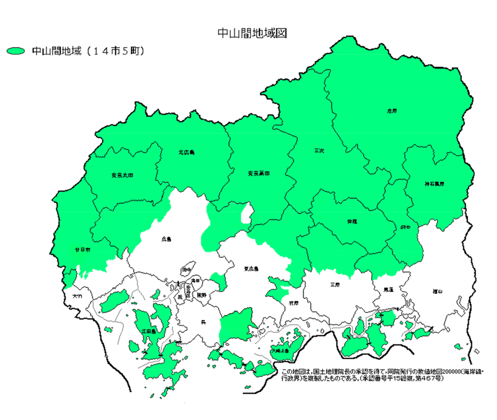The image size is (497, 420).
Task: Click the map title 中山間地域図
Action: [x=252, y=33]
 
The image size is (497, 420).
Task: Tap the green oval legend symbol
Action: [x=16, y=51]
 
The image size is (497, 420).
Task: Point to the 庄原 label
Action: [x=392, y=111]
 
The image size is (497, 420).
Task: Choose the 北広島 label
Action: [x=186, y=152]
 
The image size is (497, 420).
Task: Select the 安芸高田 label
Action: [x=258, y=173]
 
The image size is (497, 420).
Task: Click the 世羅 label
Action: [x=352, y=221]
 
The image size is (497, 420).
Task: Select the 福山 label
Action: [x=438, y=291]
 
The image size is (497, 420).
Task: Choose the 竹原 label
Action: [x=293, y=302]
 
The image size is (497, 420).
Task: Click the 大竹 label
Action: [x=77, y=296]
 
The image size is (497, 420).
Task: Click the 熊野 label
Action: [x=202, y=295]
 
